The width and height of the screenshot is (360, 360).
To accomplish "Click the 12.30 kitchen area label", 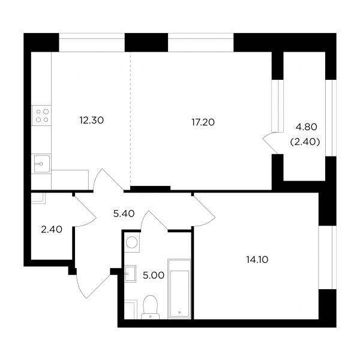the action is tap(92, 121).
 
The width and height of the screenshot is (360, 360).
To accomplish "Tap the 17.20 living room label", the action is tap(203, 122).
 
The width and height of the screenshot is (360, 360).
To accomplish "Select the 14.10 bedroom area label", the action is tap(257, 260).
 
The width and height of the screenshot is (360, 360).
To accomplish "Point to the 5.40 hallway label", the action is tap(124, 214).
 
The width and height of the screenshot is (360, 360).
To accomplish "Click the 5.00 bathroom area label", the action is tap(154, 275).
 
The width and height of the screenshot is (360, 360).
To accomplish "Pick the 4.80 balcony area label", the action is tap(306, 127).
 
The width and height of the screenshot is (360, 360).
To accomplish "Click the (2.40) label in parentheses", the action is tap(305, 142).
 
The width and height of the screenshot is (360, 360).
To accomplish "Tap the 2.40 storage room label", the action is tap(52, 229).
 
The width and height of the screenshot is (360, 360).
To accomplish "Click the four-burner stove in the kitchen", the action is tap(41, 115).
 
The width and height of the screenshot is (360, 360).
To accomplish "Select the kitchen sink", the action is tap(41, 164).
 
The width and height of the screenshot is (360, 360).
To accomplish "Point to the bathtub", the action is tap(179, 289).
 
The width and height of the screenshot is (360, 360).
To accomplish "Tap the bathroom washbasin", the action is tap(130, 274).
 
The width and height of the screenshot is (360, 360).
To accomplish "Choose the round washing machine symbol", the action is tap(132, 242).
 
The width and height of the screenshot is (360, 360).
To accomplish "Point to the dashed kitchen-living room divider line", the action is tap(130, 119).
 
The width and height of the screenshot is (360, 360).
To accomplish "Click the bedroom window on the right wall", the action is tap(328, 257).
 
